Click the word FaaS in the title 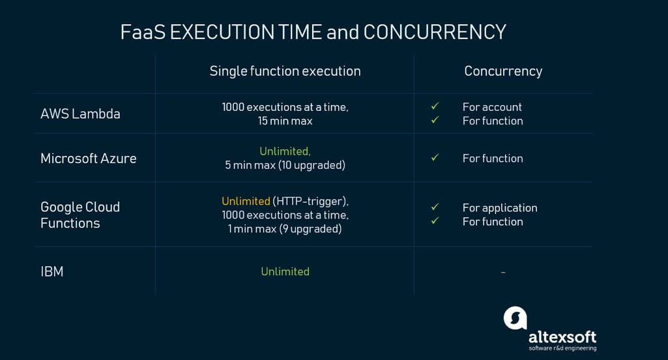coord(143,33)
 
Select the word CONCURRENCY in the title coord(435,33)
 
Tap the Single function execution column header coord(285,71)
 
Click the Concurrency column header coord(503,71)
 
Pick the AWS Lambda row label coord(80,114)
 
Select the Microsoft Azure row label coord(88,158)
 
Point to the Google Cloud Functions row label coord(80,215)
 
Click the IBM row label coord(52,272)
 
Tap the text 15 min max coord(285,121)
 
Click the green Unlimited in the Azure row coord(285,151)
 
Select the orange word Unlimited coord(246,201)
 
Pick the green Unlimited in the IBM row coord(285,272)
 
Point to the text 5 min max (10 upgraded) coord(285,165)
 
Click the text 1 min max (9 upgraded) coord(285,229)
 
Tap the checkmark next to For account coord(435,106)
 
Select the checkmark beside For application coord(435,207)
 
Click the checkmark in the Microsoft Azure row coord(435,157)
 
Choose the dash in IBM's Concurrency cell coord(503,272)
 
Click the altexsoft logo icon coord(515,318)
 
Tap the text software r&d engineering coord(562,348)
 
